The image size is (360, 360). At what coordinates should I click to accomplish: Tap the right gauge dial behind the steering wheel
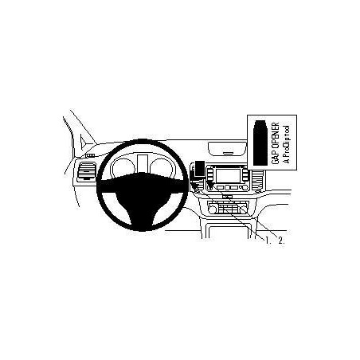[x=162, y=168]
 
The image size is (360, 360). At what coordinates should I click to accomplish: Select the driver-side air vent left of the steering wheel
[x=86, y=171]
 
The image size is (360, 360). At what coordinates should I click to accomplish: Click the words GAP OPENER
[x=276, y=143]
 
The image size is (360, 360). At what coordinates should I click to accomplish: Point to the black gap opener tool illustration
[x=260, y=143]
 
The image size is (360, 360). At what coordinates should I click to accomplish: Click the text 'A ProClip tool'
[x=286, y=144]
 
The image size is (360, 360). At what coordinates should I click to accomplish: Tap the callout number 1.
[x=268, y=241]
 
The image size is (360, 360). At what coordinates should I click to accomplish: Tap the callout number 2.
[x=281, y=241]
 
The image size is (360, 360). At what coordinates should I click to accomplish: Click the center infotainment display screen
[x=228, y=175]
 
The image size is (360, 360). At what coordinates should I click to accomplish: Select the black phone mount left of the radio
[x=199, y=169]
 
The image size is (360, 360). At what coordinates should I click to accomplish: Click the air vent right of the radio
[x=256, y=180]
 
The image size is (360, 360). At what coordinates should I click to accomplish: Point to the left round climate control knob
[x=212, y=209]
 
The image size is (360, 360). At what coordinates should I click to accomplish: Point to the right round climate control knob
[x=243, y=209]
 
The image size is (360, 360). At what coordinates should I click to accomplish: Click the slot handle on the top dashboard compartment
[x=228, y=153]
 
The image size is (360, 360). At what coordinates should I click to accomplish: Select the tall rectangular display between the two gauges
[x=143, y=162]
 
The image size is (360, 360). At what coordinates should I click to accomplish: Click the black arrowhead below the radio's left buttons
[x=210, y=185]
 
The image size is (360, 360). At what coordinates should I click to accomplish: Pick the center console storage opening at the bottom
[x=228, y=232]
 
